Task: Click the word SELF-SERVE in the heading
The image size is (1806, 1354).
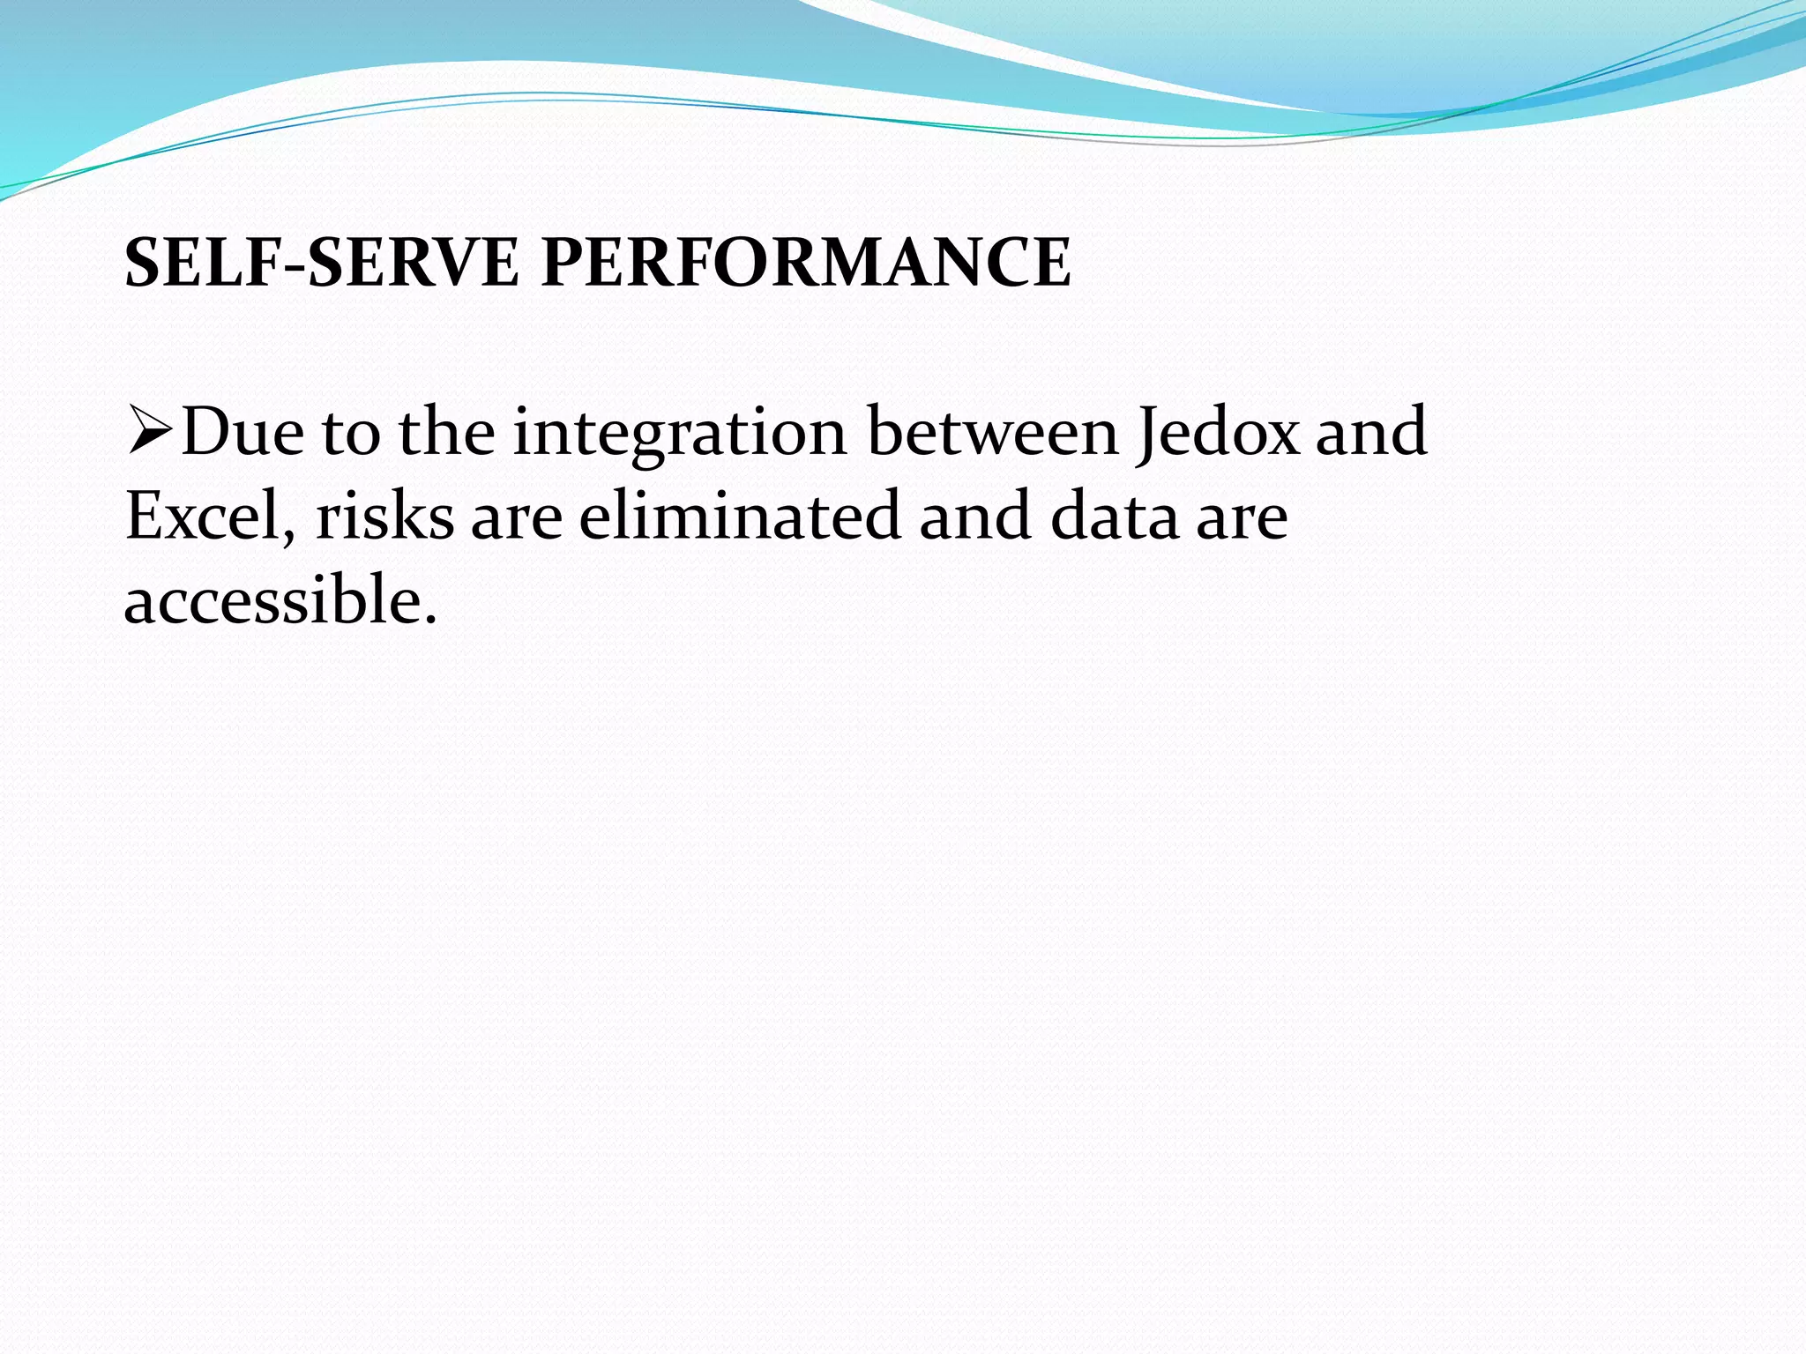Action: (322, 263)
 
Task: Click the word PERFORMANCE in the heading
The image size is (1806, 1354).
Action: (805, 263)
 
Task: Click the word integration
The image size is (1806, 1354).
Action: (679, 432)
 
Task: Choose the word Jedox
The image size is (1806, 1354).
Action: (1218, 432)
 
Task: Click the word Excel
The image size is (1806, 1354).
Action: (204, 517)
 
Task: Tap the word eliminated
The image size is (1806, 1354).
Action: (739, 517)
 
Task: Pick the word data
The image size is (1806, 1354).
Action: (1114, 517)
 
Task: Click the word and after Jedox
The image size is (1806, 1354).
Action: (1371, 432)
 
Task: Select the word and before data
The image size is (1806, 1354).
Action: (974, 517)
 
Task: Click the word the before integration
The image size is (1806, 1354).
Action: (446, 432)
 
